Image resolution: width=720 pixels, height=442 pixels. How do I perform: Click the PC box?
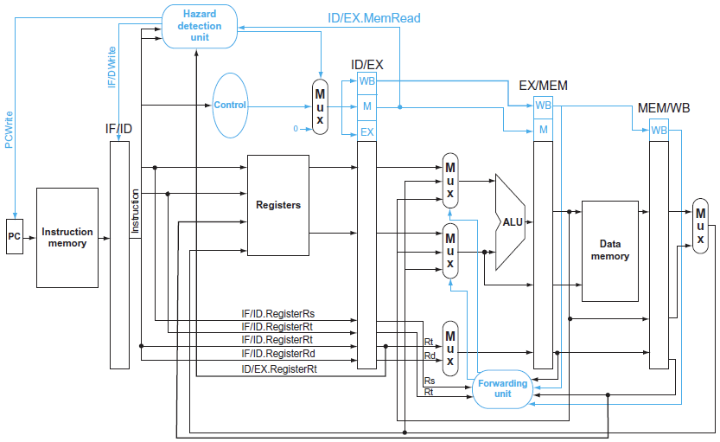coord(14,236)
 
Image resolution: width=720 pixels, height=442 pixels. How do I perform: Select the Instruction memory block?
coord(67,238)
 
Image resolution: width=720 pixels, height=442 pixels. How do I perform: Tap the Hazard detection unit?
coord(200,26)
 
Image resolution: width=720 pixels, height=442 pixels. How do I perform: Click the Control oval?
coord(230,106)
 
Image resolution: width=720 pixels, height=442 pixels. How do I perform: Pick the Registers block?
coord(278,205)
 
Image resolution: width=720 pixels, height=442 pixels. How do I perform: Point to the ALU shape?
coord(510,222)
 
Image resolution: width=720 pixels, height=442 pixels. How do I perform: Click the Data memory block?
coord(610,251)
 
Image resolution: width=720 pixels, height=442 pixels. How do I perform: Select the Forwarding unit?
coord(503,388)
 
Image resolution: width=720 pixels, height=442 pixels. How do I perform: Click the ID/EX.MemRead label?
coord(373,18)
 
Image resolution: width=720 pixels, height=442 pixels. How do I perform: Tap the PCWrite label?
coord(9,130)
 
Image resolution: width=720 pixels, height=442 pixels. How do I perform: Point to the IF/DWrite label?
coord(112,67)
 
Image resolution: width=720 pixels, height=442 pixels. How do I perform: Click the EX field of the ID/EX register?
coord(366,132)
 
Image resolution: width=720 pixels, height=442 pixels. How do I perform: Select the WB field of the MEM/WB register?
coord(659,131)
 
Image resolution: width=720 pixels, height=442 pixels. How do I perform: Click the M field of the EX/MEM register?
coord(543,130)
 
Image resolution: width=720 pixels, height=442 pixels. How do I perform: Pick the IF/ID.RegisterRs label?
coord(278,314)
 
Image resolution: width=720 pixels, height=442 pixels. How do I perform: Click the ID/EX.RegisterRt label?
coord(279,369)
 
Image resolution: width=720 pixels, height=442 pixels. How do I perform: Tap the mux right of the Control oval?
coord(320,106)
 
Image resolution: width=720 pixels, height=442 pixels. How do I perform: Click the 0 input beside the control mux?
coord(296,129)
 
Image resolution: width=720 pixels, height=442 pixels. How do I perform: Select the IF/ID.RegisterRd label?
coord(278,353)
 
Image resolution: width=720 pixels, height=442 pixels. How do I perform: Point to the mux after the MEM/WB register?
coord(700,226)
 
